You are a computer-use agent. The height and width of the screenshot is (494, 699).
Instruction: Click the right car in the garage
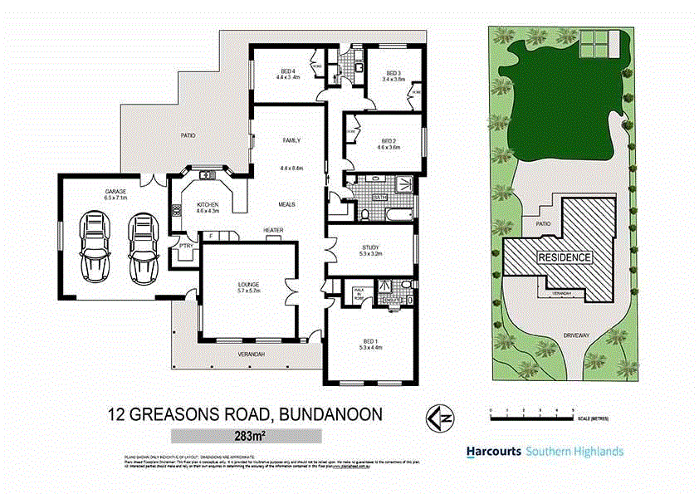coord(143,245)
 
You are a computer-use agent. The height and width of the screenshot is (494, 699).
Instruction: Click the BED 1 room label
coord(370,340)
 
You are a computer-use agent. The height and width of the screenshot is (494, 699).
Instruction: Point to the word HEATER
coord(274,230)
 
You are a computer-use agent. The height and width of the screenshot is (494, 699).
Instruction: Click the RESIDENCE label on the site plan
coord(566,257)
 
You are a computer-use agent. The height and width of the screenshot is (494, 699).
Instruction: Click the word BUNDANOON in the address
coord(331,413)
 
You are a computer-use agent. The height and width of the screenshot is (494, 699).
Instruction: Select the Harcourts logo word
coord(493,452)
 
